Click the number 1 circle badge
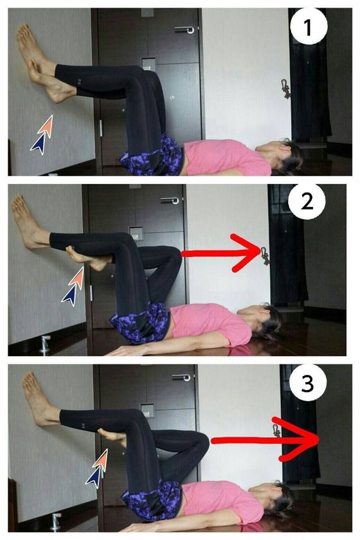(x=309, y=26)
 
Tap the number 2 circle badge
(x=307, y=201)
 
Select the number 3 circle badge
(x=308, y=382)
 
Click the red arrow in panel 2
(x=221, y=253)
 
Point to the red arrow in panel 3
(x=265, y=440)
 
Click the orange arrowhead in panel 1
(x=46, y=127)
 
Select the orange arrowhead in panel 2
(x=78, y=277)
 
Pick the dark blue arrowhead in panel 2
(x=70, y=296)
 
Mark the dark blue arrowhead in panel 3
(x=94, y=478)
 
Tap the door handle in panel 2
(x=170, y=200)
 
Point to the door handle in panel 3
(x=181, y=377)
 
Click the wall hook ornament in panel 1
(x=285, y=89)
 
